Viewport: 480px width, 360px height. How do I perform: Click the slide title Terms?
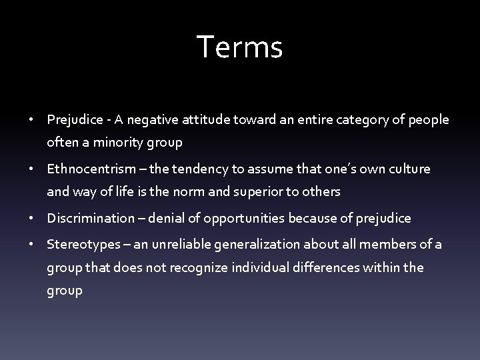(x=240, y=48)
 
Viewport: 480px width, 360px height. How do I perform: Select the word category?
(x=367, y=121)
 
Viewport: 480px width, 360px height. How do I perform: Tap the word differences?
(x=334, y=267)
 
